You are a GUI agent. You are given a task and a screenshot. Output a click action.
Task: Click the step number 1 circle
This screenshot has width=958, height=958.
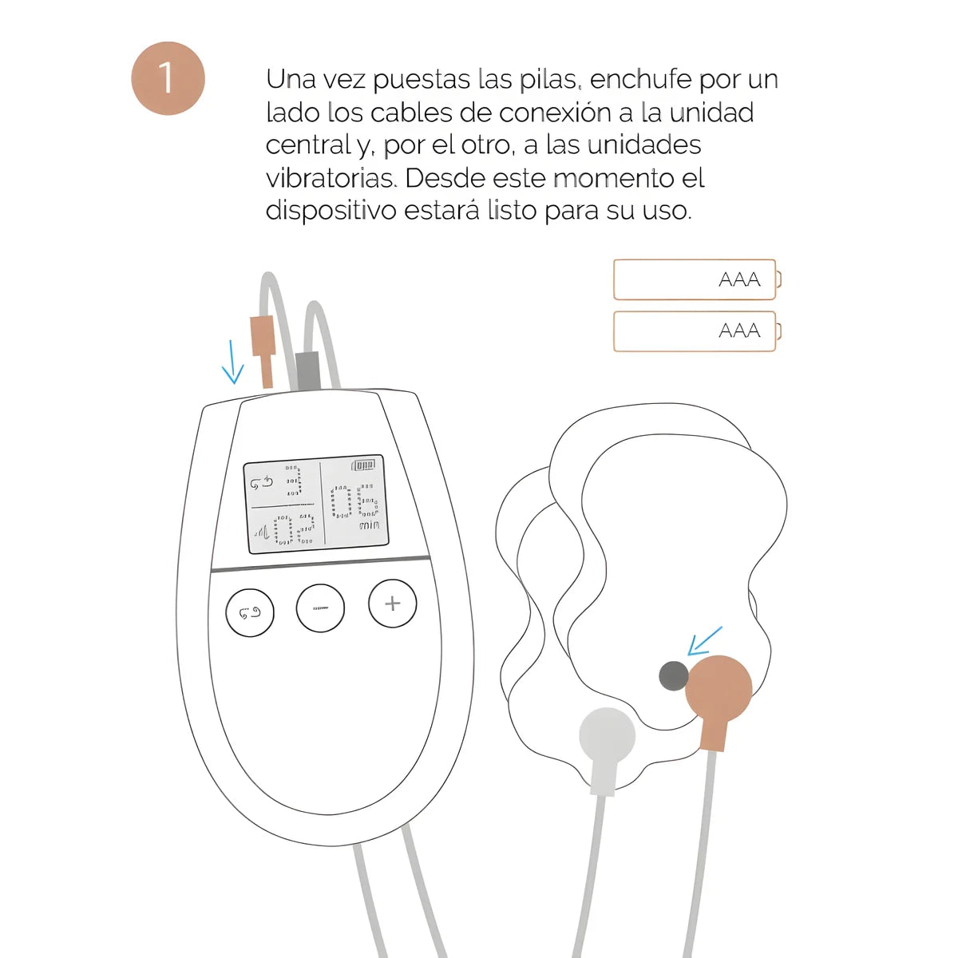(168, 78)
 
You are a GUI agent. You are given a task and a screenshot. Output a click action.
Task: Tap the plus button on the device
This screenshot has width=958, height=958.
(392, 604)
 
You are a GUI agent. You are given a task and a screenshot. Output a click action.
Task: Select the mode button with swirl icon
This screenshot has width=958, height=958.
(250, 613)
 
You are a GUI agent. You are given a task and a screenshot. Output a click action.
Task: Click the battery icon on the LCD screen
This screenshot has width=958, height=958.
(364, 465)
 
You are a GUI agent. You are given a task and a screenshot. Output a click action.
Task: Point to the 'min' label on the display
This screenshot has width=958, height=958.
(369, 525)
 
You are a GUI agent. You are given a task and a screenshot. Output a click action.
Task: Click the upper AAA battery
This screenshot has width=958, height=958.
(695, 279)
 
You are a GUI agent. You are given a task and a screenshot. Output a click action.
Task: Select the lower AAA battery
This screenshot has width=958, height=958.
(695, 331)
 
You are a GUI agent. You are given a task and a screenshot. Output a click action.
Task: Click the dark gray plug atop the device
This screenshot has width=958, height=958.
(307, 371)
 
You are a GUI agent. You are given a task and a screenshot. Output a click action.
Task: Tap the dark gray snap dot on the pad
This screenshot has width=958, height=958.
(674, 676)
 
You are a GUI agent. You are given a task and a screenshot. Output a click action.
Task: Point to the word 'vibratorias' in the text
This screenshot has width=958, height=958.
(331, 178)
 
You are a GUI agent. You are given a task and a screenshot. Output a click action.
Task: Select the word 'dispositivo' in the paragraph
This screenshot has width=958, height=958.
(331, 211)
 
